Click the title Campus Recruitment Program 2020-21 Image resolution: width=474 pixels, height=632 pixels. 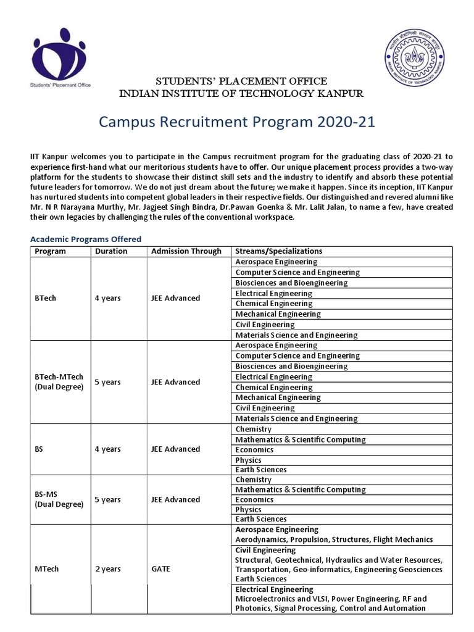click(x=236, y=122)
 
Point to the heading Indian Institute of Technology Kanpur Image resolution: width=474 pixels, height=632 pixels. click(x=241, y=93)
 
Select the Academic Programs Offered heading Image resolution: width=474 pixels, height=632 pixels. click(x=86, y=239)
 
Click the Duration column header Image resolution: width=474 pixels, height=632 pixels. click(x=111, y=251)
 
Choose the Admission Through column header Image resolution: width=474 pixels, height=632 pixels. click(x=186, y=251)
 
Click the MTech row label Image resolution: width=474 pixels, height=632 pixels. click(x=47, y=568)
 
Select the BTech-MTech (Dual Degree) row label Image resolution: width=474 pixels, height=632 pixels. click(x=59, y=382)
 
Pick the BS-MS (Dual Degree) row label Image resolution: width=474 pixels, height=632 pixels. click(x=59, y=499)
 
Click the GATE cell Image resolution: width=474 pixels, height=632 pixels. click(x=160, y=568)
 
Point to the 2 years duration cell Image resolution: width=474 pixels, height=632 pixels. click(x=107, y=568)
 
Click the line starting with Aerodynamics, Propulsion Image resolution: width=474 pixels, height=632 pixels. click(x=334, y=539)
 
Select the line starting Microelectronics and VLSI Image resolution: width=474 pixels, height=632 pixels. click(x=331, y=599)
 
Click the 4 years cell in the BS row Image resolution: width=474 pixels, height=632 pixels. click(x=107, y=449)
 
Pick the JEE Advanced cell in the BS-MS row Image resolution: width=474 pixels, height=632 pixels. click(x=175, y=499)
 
